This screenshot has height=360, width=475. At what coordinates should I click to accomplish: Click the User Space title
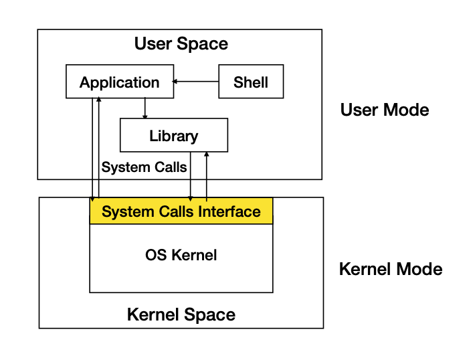(181, 44)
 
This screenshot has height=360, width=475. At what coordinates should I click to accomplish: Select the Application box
(119, 82)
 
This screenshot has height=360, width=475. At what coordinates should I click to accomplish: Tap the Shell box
(251, 82)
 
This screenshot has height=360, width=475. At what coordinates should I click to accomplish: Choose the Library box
(173, 136)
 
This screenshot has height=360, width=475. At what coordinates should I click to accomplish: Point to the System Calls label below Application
(144, 167)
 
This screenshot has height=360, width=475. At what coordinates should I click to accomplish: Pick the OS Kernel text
(181, 255)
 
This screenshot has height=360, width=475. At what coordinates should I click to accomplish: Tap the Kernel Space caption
(181, 314)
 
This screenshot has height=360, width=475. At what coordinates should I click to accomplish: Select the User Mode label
(385, 110)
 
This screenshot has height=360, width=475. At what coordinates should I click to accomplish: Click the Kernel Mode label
(391, 270)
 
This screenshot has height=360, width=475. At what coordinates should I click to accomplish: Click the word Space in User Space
(206, 44)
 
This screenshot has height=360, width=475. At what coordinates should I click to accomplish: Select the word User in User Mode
(360, 110)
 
